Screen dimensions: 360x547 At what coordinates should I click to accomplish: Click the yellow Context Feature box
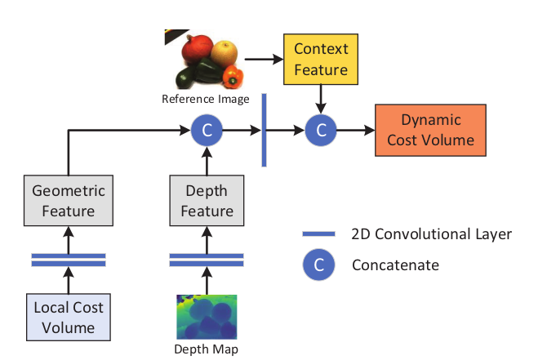(x=315, y=60)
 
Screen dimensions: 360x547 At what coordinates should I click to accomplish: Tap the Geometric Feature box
(x=69, y=201)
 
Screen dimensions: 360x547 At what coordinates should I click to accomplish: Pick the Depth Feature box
(x=207, y=201)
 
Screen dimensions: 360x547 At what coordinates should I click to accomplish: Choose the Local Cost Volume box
(x=69, y=318)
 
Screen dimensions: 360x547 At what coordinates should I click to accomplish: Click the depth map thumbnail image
(x=207, y=317)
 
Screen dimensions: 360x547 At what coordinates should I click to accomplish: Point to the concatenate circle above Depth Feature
(x=207, y=130)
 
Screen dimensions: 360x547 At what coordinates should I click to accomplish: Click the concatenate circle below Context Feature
(x=321, y=130)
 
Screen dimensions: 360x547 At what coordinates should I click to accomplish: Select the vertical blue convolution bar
(x=264, y=130)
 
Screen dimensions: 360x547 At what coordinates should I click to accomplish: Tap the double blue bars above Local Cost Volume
(x=69, y=260)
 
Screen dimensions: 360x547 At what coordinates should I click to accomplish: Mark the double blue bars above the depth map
(x=207, y=260)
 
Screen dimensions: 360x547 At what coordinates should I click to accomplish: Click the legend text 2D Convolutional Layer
(x=431, y=234)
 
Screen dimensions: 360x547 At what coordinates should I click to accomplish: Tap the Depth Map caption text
(x=207, y=349)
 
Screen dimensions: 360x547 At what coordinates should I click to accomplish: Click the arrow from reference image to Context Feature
(x=261, y=60)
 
